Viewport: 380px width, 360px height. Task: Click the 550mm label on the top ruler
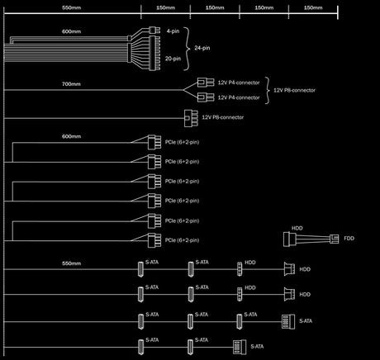[x=71, y=7]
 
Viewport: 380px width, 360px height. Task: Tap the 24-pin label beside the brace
[x=202, y=48]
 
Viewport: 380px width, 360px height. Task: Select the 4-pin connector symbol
[x=154, y=30]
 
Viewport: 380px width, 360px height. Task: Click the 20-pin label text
[x=173, y=59]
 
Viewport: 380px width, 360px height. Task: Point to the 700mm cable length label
[x=71, y=84]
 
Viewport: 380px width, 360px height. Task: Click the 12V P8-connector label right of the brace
[x=294, y=90]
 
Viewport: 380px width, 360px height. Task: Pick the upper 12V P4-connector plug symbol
[x=206, y=83]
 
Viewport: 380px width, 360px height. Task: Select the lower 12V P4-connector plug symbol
[x=206, y=97]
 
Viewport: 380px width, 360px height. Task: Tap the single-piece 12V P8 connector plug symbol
[x=191, y=118]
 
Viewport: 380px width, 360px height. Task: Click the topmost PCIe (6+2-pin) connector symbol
[x=154, y=142]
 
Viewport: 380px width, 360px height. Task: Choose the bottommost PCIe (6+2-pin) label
[x=182, y=240]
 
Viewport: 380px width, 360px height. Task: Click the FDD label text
[x=349, y=239]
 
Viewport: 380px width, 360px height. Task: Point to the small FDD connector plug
[x=335, y=239]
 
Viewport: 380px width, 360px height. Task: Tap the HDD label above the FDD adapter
[x=297, y=228]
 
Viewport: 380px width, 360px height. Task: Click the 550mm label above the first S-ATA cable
[x=71, y=263]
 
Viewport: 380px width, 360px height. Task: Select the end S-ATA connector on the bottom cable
[x=240, y=347]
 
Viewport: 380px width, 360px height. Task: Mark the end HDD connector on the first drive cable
[x=289, y=269]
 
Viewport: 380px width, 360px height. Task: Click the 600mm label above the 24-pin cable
[x=71, y=31]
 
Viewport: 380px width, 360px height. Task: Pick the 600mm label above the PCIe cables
[x=71, y=136]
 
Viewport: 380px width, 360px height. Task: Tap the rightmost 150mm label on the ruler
[x=313, y=7]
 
